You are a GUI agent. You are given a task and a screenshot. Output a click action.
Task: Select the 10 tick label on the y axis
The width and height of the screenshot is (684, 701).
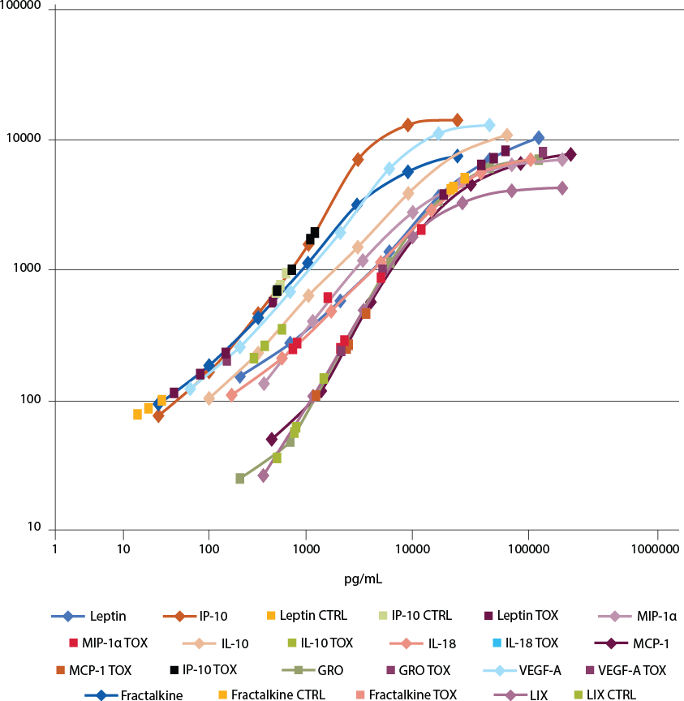pos(34,529)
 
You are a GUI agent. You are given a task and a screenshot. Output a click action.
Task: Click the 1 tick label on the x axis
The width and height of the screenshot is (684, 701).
pos(54,550)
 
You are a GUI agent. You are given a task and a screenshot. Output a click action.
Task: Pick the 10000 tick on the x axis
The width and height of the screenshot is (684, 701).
pos(412,550)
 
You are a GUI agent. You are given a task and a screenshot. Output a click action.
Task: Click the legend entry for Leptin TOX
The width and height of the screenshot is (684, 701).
pos(519,616)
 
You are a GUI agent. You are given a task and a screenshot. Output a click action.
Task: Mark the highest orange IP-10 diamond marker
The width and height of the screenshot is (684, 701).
pos(458,120)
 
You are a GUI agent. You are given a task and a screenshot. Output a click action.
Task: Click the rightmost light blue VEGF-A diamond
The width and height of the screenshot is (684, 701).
pos(489,125)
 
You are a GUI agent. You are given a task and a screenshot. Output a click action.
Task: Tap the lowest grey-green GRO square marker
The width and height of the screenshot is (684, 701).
pos(240,479)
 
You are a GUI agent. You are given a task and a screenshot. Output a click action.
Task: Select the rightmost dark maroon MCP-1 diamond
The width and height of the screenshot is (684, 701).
pos(570,154)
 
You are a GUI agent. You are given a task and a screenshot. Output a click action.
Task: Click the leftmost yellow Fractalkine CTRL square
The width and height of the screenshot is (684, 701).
pos(138,414)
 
